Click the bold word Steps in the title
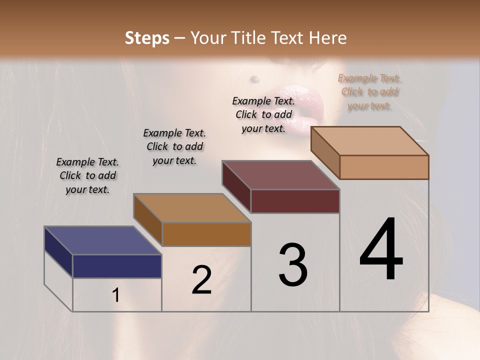point(147,38)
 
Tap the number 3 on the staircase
point(293,265)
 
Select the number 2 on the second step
point(201,280)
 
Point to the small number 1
point(116,295)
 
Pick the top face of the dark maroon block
point(280,175)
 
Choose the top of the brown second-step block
point(191,208)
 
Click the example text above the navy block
point(87,175)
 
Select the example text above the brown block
point(174,146)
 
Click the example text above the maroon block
point(263,114)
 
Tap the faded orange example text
point(369,91)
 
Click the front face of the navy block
point(117,266)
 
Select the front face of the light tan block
point(384,167)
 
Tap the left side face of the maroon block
point(236,186)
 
